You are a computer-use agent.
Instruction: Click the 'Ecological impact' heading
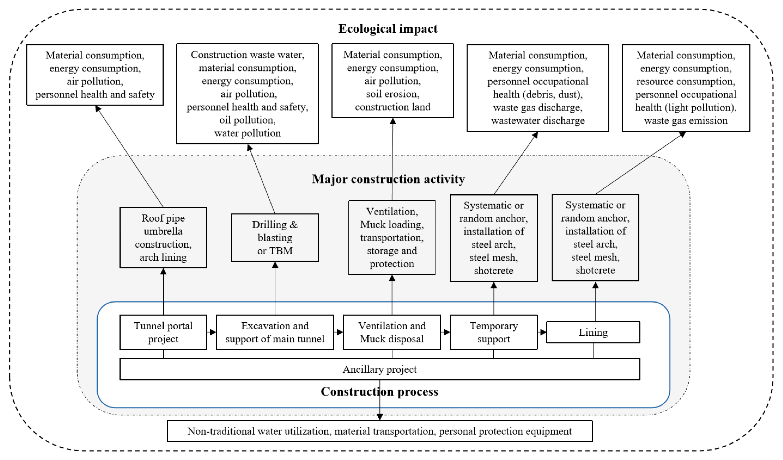coord(387,28)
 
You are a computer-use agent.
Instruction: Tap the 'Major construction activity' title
coord(388,179)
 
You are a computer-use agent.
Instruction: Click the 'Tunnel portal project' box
coord(163,332)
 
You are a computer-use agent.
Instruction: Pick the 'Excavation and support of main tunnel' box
coord(275,332)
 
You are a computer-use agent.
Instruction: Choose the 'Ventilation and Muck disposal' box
coord(391,332)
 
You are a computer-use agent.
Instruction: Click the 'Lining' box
coord(593,332)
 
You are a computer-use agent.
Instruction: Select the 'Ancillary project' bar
coord(379,369)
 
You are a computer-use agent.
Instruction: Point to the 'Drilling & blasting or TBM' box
coord(275,237)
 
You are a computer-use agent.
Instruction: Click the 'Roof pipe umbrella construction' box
coord(163,237)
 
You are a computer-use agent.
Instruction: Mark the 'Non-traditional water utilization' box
coord(379,431)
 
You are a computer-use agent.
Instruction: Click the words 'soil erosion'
coord(392,94)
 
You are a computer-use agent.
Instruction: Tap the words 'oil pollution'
coord(247,120)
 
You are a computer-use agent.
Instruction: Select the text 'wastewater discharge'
coord(538,120)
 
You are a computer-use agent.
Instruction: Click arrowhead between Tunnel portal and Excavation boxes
coord(213,332)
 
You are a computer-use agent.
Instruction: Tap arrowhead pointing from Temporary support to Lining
coord(543,332)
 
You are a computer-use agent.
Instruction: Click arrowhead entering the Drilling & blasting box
coord(275,265)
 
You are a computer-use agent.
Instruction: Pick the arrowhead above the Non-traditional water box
coord(379,417)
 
